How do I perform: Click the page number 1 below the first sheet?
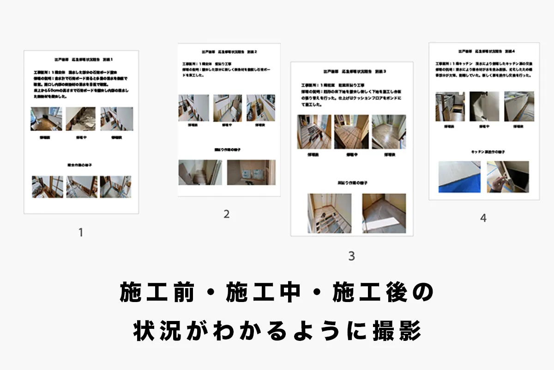[81, 233]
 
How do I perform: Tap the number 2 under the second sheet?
[226, 214]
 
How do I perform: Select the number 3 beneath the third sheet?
[351, 256]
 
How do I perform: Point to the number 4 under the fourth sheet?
[483, 218]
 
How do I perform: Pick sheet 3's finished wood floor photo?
[389, 132]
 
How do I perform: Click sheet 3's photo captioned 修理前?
[314, 132]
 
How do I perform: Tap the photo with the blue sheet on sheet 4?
[459, 177]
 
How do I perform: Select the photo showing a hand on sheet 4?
[507, 177]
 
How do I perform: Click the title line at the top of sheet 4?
[484, 52]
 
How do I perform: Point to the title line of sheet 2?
[229, 52]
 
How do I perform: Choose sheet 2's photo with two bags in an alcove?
[251, 173]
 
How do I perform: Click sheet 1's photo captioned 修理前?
[46, 119]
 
